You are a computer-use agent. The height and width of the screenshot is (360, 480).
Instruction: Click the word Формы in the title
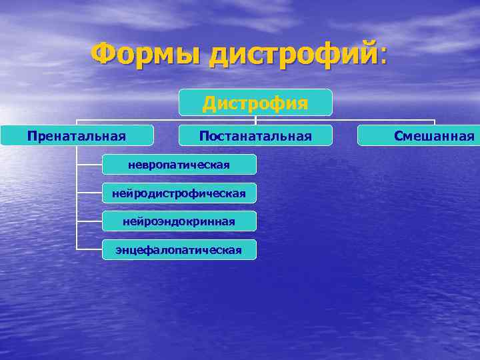click(147, 53)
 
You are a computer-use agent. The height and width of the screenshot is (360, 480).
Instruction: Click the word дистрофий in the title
click(294, 53)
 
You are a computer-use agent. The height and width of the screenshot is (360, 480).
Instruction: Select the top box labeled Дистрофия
click(255, 103)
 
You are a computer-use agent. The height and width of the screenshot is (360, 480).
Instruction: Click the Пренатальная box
click(77, 136)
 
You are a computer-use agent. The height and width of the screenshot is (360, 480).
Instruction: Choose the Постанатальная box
click(255, 136)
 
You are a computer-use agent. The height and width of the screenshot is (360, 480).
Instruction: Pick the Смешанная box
click(419, 136)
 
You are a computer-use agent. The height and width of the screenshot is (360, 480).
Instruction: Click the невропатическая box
click(179, 165)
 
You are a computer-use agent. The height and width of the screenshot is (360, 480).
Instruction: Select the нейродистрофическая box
click(179, 193)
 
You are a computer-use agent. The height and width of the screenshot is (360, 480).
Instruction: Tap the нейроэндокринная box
click(179, 221)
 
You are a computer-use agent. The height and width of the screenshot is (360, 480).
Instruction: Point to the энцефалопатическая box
click(179, 250)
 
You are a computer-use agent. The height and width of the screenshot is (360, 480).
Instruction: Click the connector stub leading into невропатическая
click(89, 165)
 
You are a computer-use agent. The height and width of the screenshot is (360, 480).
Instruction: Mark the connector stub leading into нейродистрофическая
click(89, 193)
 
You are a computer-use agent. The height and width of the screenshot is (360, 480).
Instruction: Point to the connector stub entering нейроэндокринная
click(89, 221)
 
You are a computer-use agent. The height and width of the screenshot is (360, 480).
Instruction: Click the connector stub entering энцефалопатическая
click(89, 249)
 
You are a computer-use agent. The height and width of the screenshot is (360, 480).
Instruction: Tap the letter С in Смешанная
click(398, 136)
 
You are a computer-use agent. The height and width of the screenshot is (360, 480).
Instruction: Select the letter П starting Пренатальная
click(31, 136)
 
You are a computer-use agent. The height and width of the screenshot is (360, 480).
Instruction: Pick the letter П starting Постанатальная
click(203, 136)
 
